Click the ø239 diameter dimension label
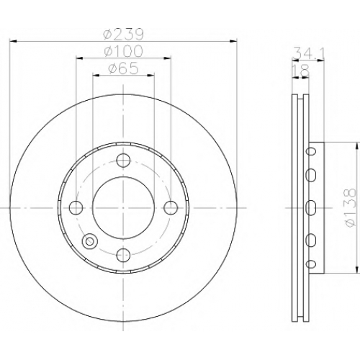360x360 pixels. point(123,35)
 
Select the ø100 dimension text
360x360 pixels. point(124,51)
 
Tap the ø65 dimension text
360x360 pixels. point(123,68)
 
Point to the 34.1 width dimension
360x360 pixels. point(309,53)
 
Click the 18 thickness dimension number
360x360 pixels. point(300,71)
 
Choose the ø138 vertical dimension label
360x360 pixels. point(349,207)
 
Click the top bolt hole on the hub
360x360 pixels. point(123,160)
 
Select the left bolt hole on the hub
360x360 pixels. point(76,207)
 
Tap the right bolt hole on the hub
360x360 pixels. point(171,207)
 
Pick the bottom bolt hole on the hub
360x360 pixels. point(123,255)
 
